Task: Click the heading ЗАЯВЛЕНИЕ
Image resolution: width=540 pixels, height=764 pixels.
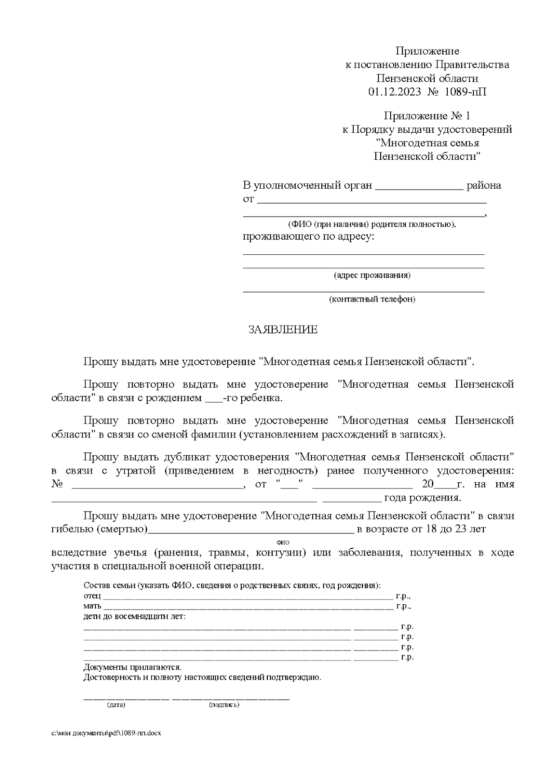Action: point(283,330)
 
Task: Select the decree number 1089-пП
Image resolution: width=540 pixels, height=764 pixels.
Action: point(465,92)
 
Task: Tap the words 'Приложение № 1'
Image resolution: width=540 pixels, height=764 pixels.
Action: point(427,116)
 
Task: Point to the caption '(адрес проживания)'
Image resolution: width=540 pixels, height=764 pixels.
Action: point(372,275)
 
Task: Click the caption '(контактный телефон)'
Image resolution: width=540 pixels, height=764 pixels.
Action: point(372,299)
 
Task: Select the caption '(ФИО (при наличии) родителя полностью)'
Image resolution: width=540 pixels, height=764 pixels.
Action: point(372,224)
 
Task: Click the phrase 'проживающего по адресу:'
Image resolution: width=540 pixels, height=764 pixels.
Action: point(309,236)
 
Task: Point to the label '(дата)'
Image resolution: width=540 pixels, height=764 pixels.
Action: point(116,705)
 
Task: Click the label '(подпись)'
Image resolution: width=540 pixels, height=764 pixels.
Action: point(224,705)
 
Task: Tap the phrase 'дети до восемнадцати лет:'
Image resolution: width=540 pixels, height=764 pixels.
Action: point(134,616)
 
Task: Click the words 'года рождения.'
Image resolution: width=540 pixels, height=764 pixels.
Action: point(422,498)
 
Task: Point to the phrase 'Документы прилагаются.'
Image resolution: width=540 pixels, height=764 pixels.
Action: point(132,667)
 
